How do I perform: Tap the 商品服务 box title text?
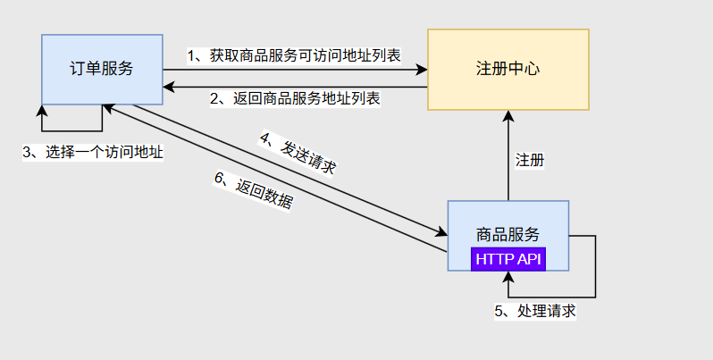[508, 234]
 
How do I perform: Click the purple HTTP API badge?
[508, 259]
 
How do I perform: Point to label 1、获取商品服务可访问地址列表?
[294, 55]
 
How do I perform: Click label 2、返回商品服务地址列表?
[295, 98]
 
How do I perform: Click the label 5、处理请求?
[534, 311]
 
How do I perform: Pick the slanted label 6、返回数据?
[253, 189]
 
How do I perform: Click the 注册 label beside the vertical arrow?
[530, 161]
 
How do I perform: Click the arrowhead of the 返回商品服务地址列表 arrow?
[168, 87]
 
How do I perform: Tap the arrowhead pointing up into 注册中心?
[508, 115]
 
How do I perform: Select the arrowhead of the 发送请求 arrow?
[442, 234]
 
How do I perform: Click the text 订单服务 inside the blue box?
[102, 69]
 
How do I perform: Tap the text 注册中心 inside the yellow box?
[507, 69]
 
